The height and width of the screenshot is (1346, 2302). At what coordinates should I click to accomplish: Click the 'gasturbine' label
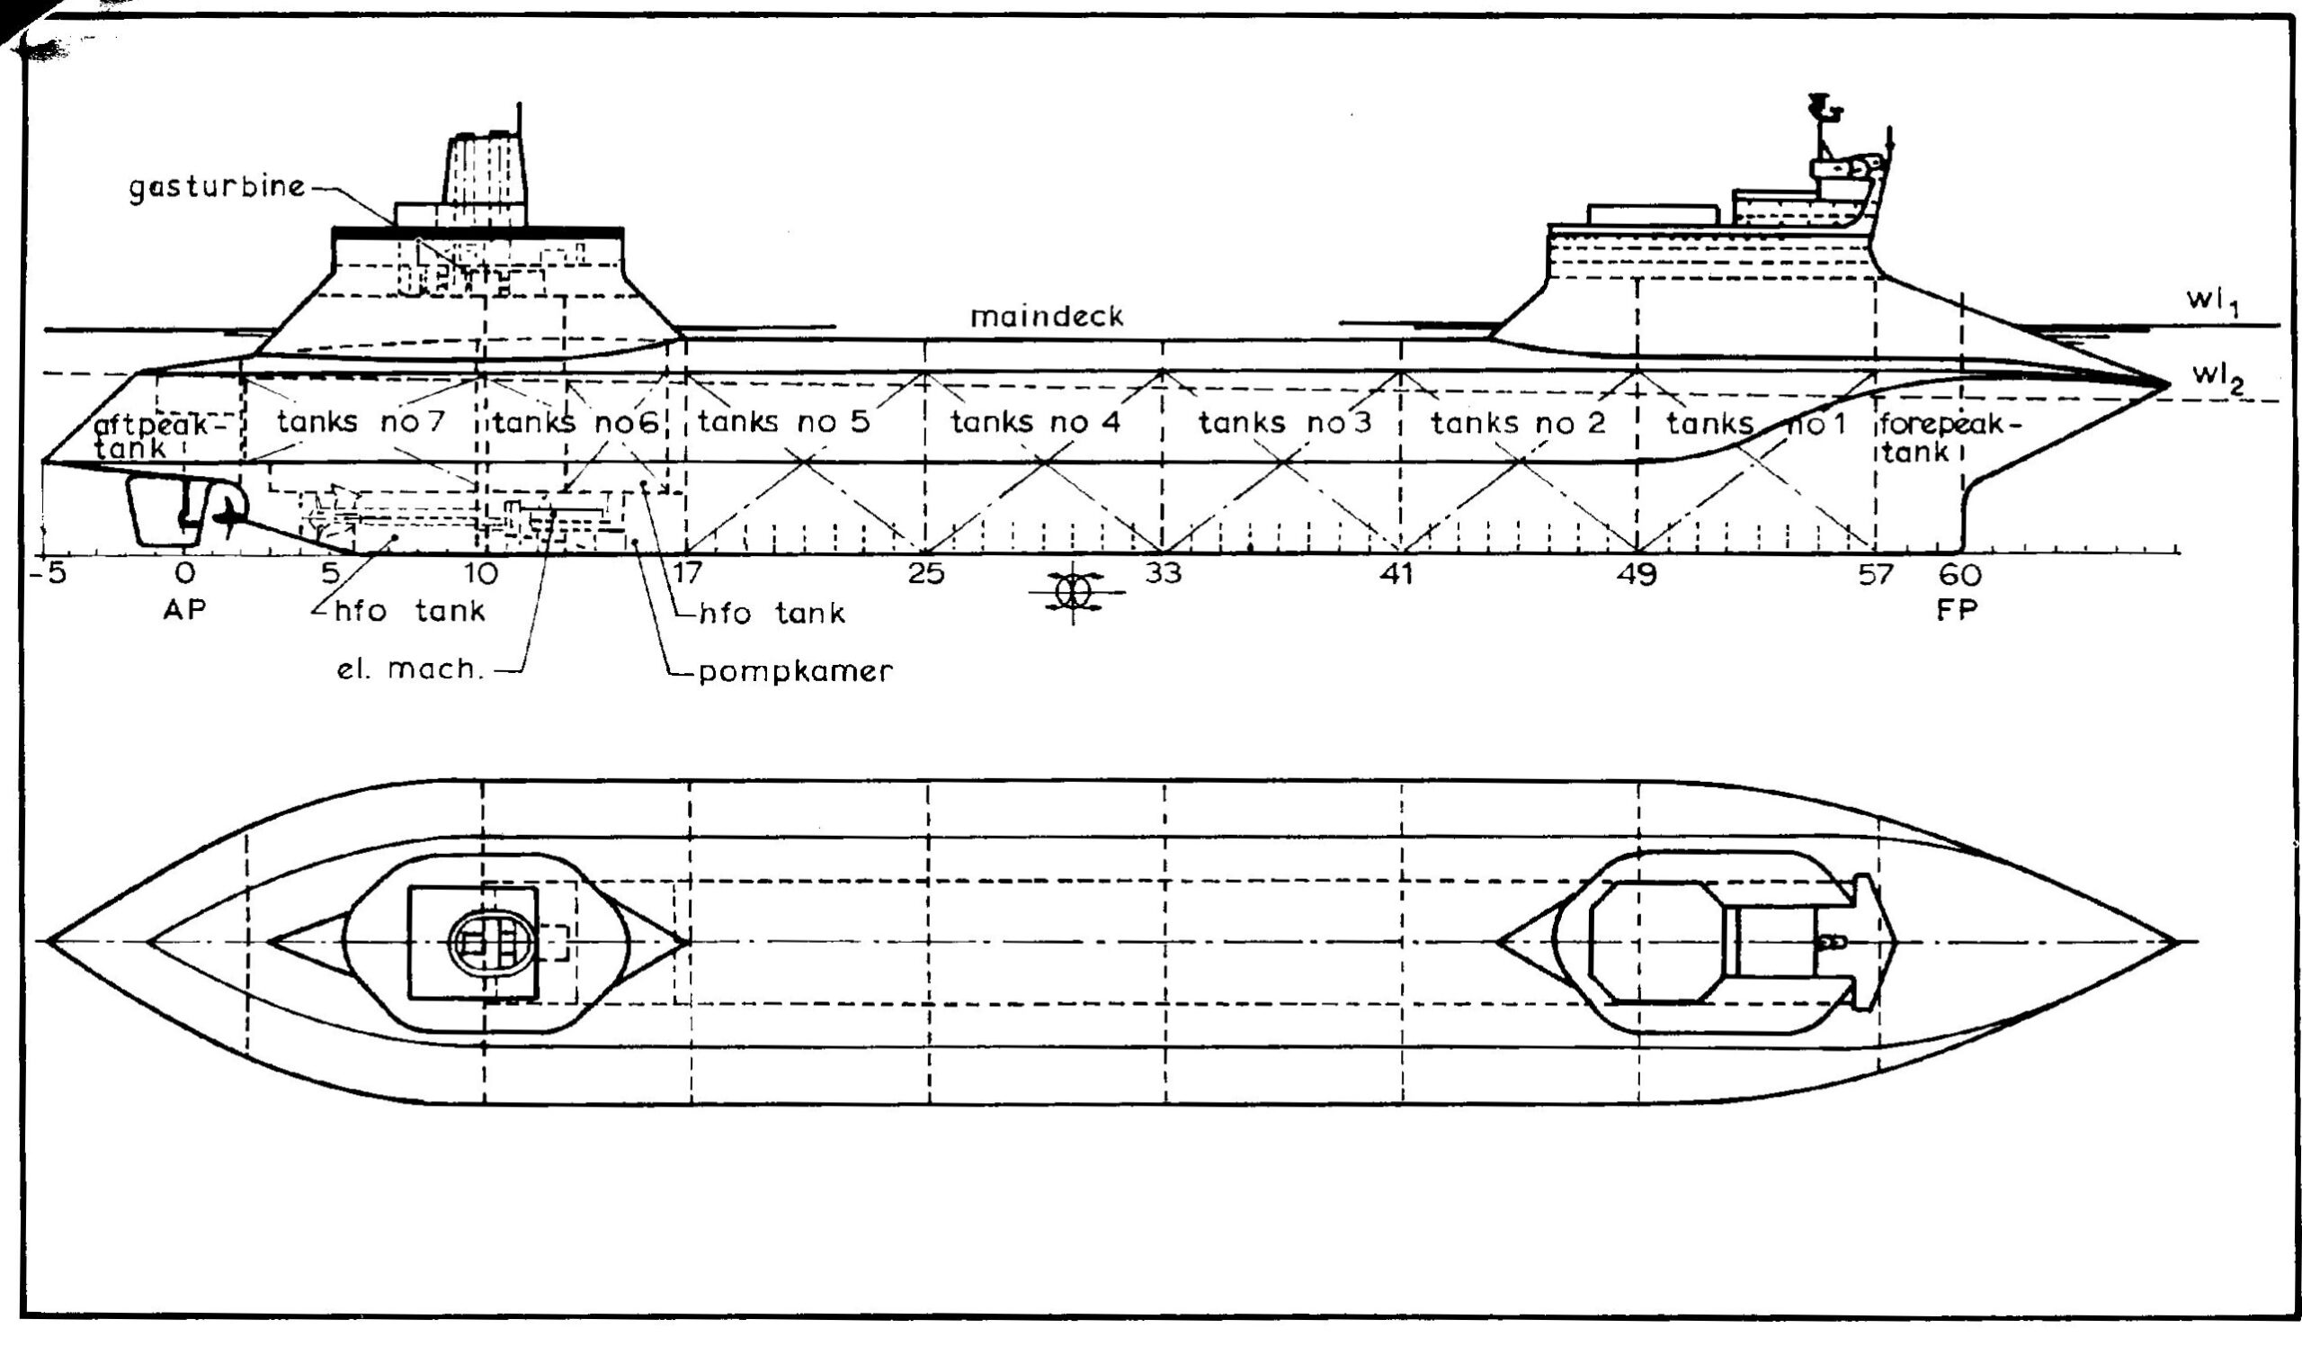[216, 188]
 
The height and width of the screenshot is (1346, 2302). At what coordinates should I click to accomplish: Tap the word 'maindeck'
[1047, 317]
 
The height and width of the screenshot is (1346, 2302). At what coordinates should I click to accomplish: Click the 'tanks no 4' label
[1035, 423]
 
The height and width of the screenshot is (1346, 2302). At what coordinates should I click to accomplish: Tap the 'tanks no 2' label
[1517, 423]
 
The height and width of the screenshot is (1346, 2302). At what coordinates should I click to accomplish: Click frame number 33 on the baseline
[1163, 574]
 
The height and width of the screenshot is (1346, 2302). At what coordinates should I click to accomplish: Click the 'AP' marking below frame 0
[184, 609]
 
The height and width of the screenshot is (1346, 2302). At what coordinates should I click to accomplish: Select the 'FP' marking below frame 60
[1957, 609]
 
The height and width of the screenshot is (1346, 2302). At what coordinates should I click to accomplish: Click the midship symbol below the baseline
[1074, 591]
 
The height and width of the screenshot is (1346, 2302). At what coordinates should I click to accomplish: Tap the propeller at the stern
[226, 516]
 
